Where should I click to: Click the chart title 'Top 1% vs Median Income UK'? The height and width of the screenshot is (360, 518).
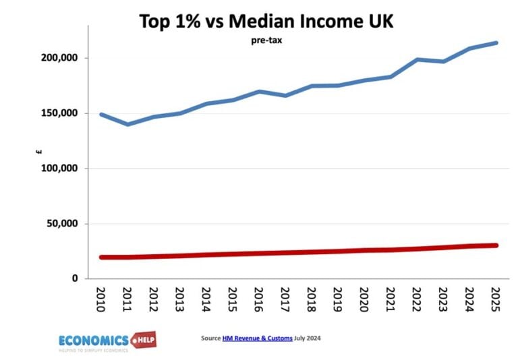click(266, 22)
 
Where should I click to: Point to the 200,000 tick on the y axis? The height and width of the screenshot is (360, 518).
click(57, 58)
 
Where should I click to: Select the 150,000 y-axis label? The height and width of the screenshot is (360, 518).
click(57, 113)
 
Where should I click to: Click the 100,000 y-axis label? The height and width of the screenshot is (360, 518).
click(57, 169)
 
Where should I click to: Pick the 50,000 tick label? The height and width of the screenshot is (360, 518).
click(60, 224)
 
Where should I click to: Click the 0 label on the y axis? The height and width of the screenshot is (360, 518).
click(74, 278)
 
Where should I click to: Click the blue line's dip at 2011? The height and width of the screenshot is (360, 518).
click(127, 124)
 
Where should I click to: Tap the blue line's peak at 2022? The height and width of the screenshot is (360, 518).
click(416, 59)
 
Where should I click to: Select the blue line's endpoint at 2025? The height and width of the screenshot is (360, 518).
click(496, 43)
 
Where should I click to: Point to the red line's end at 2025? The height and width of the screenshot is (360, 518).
click(496, 245)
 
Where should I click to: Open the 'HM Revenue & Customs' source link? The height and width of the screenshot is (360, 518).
click(257, 338)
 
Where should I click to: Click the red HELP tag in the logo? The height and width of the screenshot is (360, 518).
click(143, 338)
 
